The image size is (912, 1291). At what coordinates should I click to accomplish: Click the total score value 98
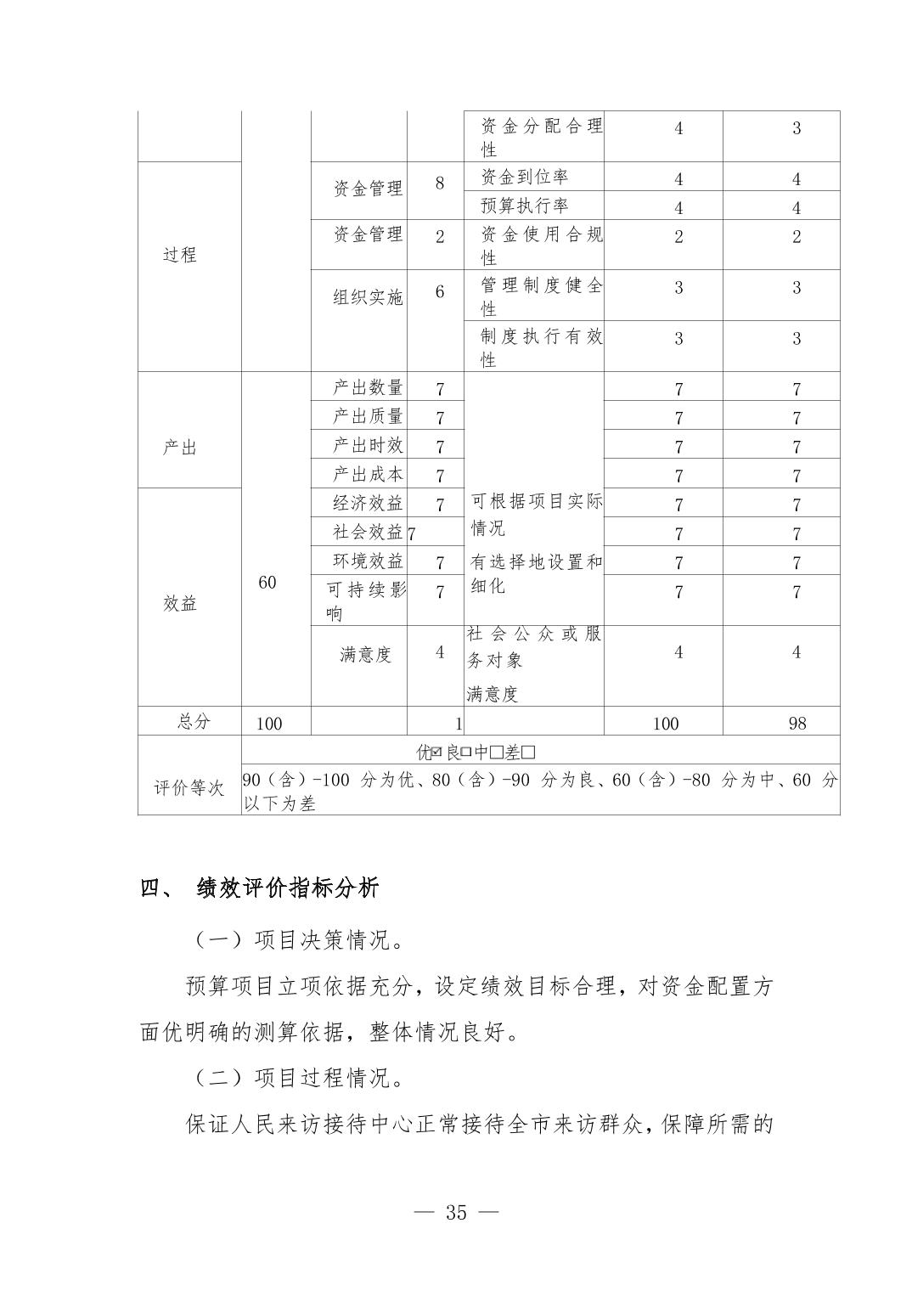pos(797,724)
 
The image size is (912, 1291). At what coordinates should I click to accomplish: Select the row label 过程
pos(180,255)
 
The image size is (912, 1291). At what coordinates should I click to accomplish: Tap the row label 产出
pos(180,448)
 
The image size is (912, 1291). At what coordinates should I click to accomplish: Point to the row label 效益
pos(180,604)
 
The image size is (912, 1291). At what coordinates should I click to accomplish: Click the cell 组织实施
pos(368,297)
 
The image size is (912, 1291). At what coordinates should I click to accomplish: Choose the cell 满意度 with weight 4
pos(366,655)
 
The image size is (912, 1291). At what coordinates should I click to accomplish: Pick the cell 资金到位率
pos(524,178)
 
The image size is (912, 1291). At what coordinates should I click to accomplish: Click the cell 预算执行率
pos(524,206)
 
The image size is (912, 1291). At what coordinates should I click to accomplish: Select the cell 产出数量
pos(368,388)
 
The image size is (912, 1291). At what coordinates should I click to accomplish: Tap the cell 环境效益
pos(368,561)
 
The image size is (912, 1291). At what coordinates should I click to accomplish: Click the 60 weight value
pos(267,583)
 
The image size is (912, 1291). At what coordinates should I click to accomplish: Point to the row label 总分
pos(194,722)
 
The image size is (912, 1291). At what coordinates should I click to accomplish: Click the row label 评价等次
pos(189,788)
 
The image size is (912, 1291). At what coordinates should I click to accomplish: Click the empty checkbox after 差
pos(529,753)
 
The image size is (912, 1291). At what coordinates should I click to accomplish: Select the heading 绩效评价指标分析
pos(288,889)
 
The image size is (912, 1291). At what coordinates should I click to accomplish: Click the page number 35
pos(456,1213)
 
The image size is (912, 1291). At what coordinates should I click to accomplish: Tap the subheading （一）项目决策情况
pos(297,940)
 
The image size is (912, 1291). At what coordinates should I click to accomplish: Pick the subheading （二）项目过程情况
pos(297,1079)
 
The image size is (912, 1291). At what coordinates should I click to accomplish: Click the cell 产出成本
pos(368,475)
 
